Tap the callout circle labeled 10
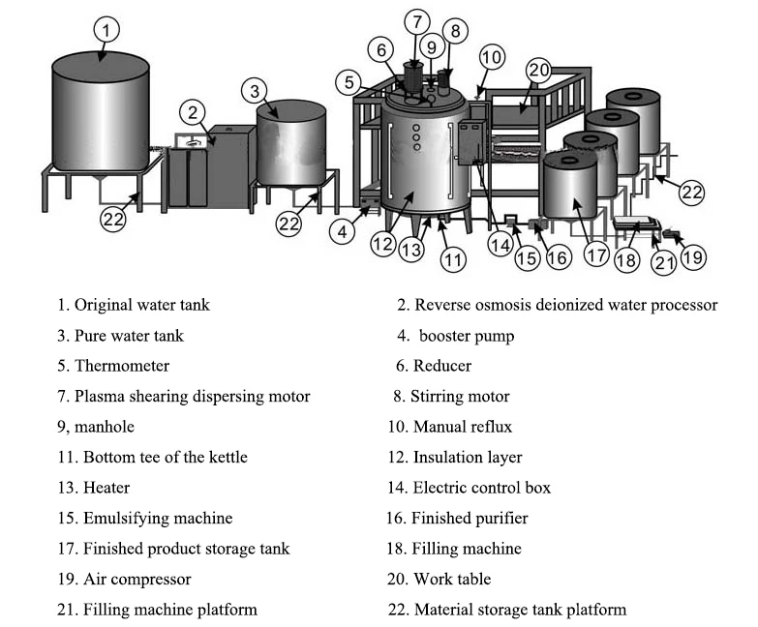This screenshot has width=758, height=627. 492,57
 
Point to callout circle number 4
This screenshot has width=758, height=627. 343,231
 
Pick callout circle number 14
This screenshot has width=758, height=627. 500,246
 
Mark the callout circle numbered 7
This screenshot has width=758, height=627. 415,20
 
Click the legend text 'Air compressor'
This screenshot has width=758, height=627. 136,579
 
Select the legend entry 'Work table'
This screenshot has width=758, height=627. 452,579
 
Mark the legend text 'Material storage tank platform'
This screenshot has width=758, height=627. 520,610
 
